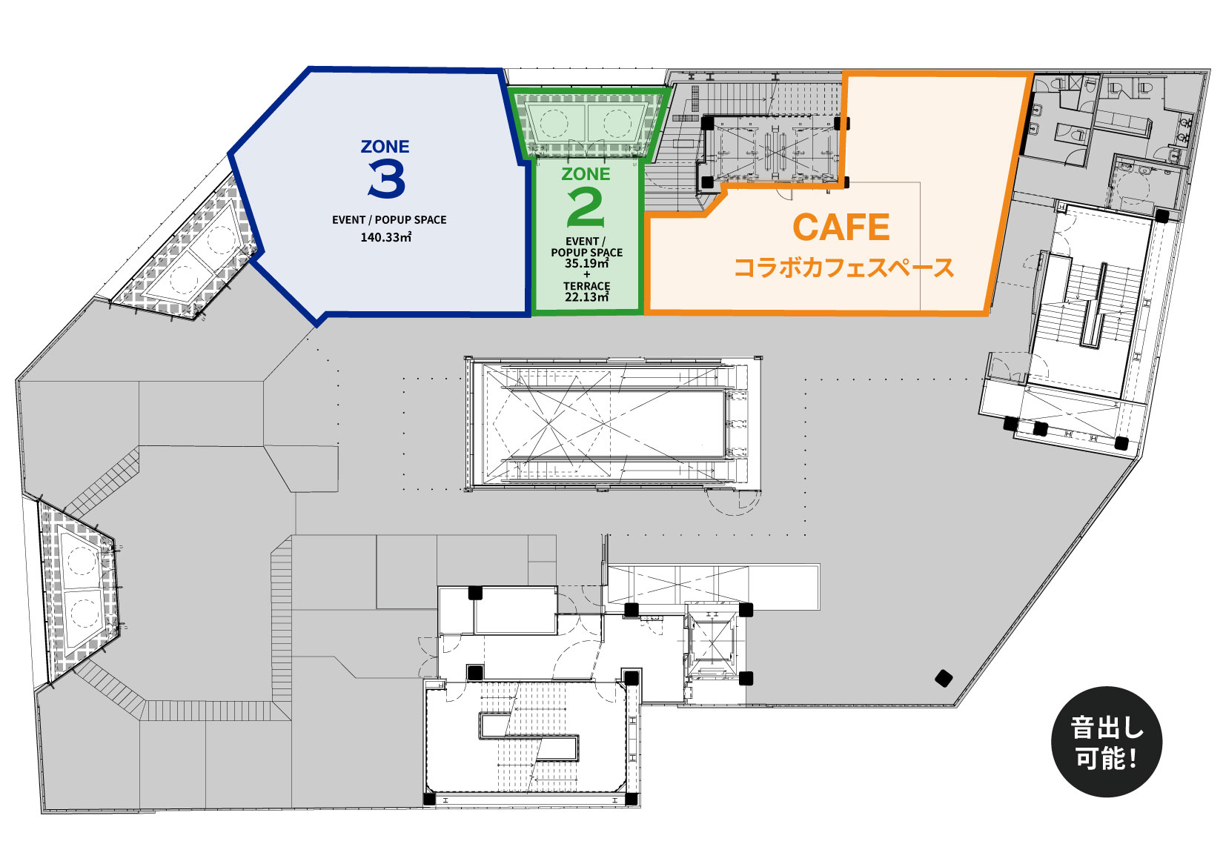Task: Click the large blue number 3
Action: (387, 179)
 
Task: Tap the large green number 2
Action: (586, 208)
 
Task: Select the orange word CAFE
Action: (841, 227)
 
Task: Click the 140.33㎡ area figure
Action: (385, 237)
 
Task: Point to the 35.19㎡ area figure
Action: (587, 263)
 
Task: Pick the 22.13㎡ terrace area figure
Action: (587, 297)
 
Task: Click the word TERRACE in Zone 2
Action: (587, 286)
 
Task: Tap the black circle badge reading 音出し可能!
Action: (1106, 742)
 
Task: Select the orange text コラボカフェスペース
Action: (844, 268)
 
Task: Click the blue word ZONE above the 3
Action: (385, 146)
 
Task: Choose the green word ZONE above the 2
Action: (586, 174)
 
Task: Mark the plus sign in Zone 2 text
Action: (587, 275)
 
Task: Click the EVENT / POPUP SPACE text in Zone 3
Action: (389, 219)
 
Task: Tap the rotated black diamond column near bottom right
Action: (944, 679)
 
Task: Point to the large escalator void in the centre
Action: (612, 424)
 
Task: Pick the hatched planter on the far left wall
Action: (79, 593)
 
